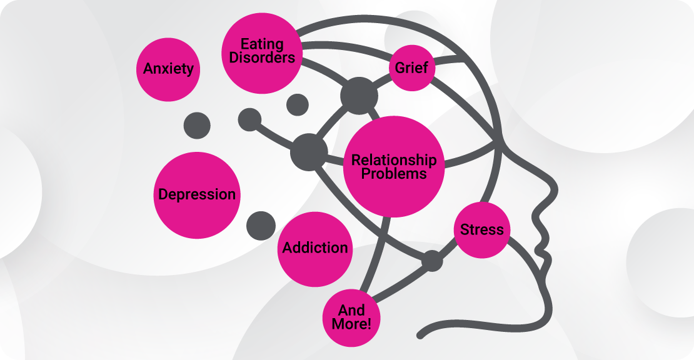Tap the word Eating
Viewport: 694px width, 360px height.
263,44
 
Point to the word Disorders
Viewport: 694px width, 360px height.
263,57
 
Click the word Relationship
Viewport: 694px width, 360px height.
394,160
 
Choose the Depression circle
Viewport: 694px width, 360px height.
197,194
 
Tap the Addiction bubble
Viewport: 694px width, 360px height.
315,247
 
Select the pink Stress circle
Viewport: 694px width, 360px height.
481,229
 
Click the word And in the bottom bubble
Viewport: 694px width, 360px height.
351,310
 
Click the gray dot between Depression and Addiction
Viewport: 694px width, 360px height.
261,225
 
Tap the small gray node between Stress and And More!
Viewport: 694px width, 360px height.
431,261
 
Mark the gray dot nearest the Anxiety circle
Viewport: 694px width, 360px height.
197,126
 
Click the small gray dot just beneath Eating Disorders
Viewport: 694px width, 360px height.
297,104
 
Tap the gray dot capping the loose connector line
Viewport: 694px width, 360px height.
249,119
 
